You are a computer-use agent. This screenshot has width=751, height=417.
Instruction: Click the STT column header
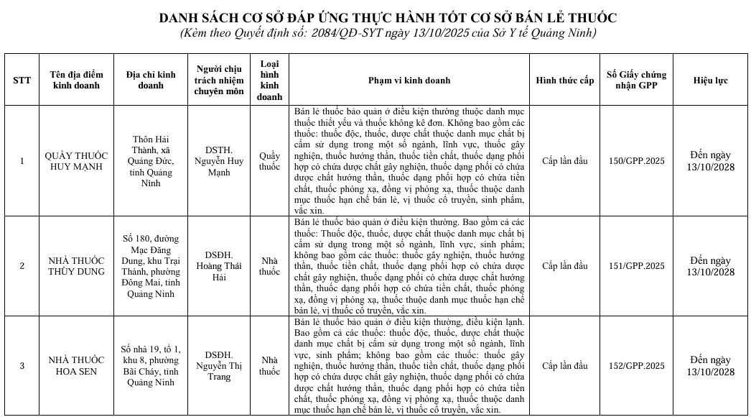pyautogui.click(x=22, y=81)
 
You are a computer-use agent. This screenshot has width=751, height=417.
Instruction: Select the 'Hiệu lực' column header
pyautogui.click(x=711, y=81)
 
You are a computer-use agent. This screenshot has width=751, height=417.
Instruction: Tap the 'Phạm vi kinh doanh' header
pyautogui.click(x=409, y=81)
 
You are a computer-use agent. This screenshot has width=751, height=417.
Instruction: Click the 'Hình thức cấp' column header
pyautogui.click(x=565, y=81)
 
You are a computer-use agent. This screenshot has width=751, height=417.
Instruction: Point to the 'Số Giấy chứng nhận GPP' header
pyautogui.click(x=636, y=80)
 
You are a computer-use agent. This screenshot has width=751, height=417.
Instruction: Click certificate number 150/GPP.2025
pyautogui.click(x=636, y=161)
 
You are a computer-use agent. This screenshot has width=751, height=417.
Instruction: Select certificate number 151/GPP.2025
pyautogui.click(x=636, y=266)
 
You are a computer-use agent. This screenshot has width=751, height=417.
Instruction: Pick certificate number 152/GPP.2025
pyautogui.click(x=636, y=366)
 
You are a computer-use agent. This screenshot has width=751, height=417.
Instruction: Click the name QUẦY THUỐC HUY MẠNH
pyautogui.click(x=75, y=161)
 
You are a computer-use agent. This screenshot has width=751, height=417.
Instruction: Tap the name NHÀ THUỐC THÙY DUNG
pyautogui.click(x=75, y=266)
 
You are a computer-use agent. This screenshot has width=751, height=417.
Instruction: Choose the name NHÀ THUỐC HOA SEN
pyautogui.click(x=75, y=366)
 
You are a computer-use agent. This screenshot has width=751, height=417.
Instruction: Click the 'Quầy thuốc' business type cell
pyautogui.click(x=270, y=161)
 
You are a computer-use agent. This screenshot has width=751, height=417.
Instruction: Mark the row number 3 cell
pyautogui.click(x=22, y=366)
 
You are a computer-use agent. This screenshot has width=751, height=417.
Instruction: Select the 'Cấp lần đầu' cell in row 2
pyautogui.click(x=565, y=266)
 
